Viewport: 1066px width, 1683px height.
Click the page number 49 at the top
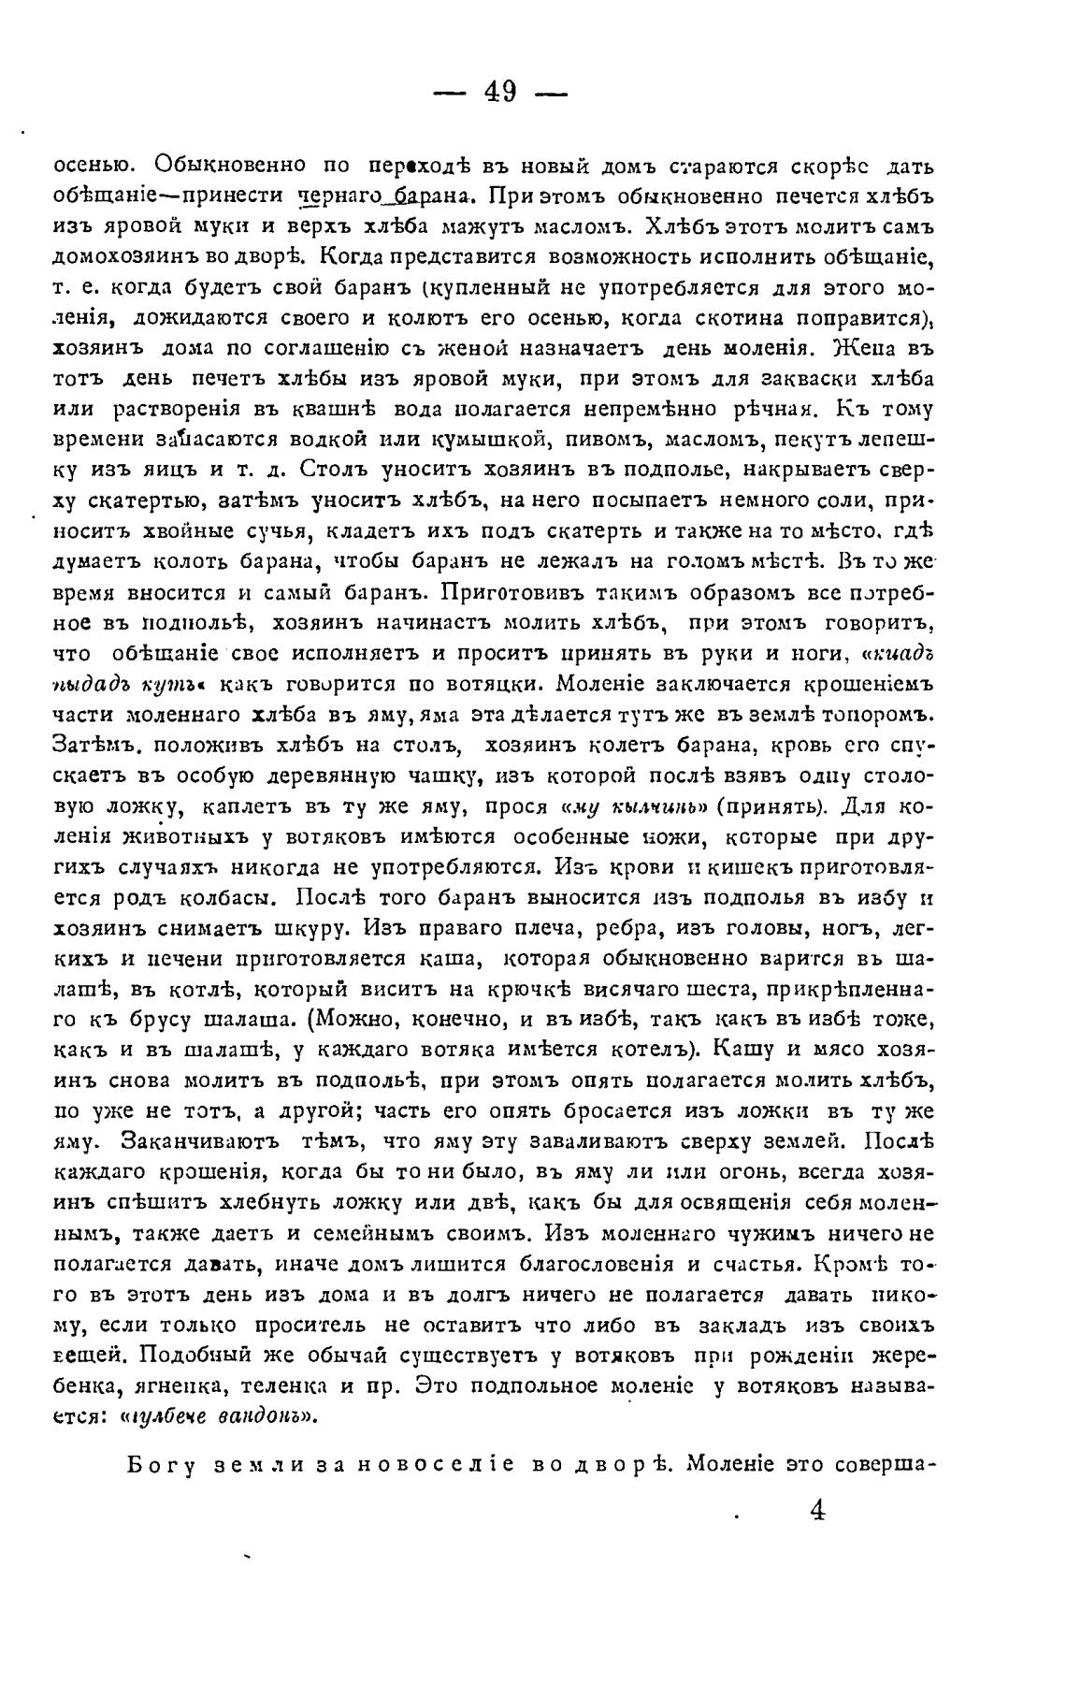(501, 93)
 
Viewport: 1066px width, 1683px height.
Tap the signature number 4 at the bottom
(816, 1511)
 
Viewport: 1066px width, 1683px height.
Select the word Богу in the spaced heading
(158, 1466)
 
